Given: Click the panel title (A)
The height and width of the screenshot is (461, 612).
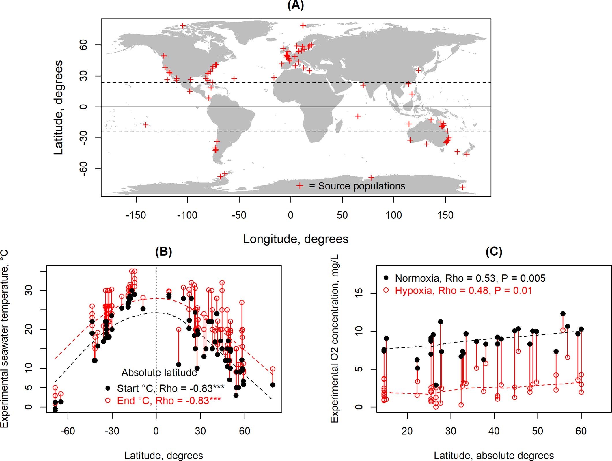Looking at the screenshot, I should [296, 5].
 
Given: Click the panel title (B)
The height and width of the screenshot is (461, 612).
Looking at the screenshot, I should [163, 252].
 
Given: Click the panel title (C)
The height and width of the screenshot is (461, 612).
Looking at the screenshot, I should [494, 252].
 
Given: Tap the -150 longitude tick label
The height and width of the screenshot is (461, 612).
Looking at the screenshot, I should [136, 215].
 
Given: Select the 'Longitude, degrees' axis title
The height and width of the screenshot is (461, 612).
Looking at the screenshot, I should [296, 239].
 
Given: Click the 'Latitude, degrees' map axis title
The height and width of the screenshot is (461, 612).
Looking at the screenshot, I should [58, 107].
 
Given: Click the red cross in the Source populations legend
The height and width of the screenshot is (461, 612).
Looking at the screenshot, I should [300, 186].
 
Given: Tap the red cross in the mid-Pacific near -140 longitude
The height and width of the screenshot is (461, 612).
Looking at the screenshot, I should [146, 125].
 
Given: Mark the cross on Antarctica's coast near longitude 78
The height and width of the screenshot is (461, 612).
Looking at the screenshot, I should [371, 178].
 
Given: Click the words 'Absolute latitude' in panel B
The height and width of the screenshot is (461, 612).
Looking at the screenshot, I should [159, 373].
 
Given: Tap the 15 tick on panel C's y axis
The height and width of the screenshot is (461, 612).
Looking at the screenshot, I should [359, 294].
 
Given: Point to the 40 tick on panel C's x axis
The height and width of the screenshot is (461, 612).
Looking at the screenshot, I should [494, 431].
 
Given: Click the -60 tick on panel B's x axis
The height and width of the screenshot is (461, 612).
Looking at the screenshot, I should [68, 431].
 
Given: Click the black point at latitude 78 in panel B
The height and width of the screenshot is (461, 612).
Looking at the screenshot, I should [273, 385].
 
